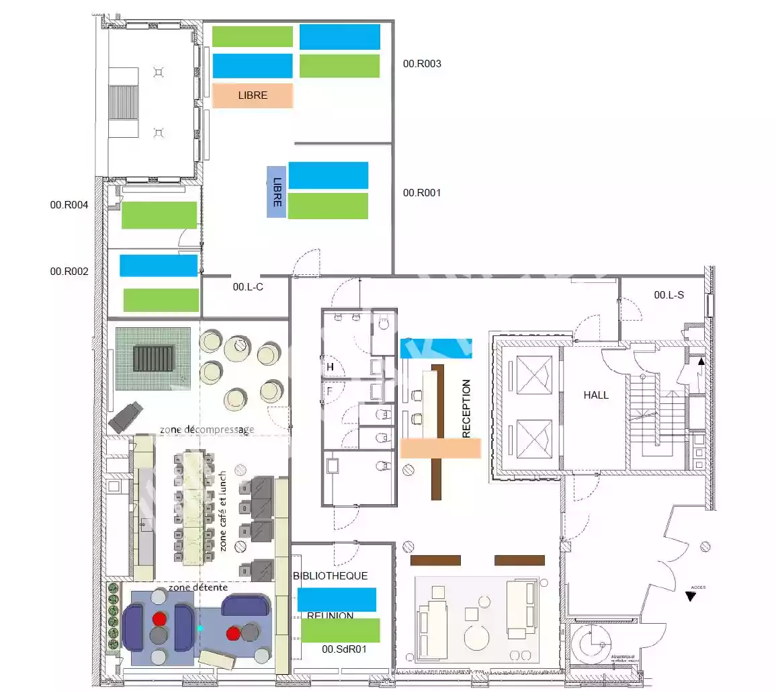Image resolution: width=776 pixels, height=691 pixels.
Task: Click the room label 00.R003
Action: tap(422, 65)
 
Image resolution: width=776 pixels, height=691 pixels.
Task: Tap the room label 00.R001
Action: tap(422, 193)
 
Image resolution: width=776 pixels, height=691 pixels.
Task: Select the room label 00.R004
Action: tap(69, 205)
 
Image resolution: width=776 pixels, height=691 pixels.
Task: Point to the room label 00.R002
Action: tap(69, 272)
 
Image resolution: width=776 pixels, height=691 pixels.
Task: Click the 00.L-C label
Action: tap(248, 287)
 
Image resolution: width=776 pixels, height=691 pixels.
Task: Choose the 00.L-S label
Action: tap(669, 294)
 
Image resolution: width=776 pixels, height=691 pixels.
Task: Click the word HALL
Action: tap(596, 395)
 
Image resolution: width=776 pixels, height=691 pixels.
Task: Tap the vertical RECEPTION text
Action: tap(466, 409)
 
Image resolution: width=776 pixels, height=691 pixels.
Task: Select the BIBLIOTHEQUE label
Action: tap(331, 576)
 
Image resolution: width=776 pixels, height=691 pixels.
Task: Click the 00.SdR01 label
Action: tap(344, 649)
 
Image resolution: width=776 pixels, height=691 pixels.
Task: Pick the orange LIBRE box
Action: tap(253, 95)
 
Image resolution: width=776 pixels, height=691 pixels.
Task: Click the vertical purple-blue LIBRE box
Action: tap(276, 192)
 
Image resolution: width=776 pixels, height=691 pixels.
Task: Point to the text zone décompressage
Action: tap(207, 430)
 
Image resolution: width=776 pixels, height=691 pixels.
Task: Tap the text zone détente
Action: tap(198, 587)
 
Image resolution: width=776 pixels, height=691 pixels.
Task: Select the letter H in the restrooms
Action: tap(330, 367)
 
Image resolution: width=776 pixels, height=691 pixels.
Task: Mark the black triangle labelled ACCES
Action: tap(690, 596)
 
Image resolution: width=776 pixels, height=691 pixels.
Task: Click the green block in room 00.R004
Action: tap(159, 215)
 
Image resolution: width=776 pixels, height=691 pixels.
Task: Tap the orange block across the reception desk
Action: tap(441, 448)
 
